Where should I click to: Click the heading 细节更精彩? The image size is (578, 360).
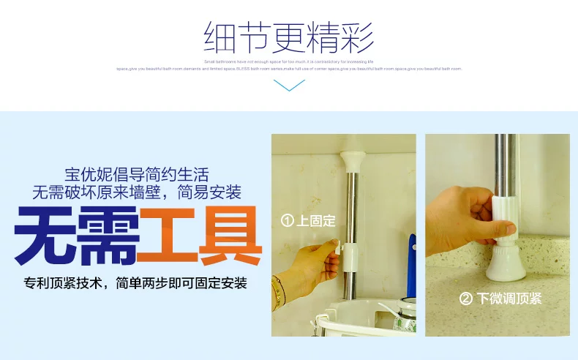click(x=288, y=37)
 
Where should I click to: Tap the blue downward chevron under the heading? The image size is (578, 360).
click(x=288, y=86)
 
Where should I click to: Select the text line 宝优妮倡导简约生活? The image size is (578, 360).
click(x=136, y=175)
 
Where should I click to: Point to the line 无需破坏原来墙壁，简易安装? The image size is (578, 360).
click(x=136, y=193)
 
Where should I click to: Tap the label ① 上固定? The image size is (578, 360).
click(x=309, y=220)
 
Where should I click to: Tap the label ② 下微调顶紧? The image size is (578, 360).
click(x=500, y=299)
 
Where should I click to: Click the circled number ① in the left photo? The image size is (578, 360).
click(x=288, y=220)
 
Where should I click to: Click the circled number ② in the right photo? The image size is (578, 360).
click(x=465, y=299)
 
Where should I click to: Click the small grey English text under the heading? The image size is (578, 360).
click(x=288, y=65)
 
